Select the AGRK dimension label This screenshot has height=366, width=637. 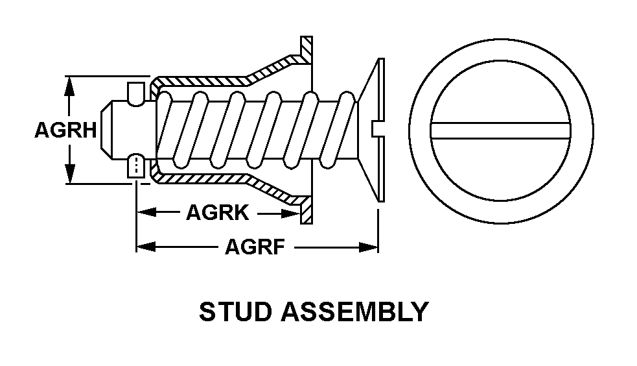(218, 212)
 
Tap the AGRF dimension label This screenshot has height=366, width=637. (255, 247)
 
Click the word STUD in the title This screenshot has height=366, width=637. (236, 312)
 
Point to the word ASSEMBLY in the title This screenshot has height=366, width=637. (354, 312)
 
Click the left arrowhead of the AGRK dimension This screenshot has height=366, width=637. (144, 212)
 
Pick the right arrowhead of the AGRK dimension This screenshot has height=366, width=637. (297, 212)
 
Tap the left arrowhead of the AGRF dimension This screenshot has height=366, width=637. (144, 247)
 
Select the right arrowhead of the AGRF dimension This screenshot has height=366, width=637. (370, 247)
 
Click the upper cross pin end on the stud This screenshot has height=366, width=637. (136, 93)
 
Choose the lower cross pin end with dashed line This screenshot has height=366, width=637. (136, 167)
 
